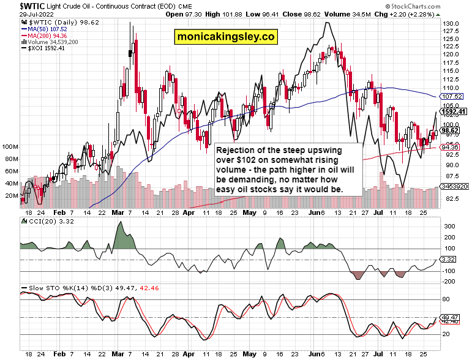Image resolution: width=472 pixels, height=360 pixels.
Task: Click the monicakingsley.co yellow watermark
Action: [225, 37]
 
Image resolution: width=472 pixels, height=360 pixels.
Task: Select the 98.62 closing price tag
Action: [450, 130]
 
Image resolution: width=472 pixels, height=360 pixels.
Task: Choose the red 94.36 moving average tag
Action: [450, 147]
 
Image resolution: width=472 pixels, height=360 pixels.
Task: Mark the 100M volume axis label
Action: [10, 148]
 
